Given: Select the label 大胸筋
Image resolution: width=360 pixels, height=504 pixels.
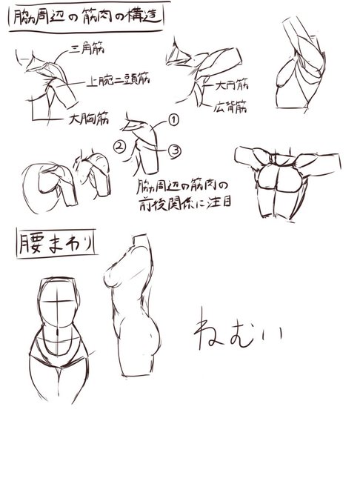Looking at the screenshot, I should (x=88, y=117).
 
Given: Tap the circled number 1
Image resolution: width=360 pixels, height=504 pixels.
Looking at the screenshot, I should (x=174, y=119).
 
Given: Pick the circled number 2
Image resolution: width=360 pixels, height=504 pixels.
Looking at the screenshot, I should (x=118, y=145).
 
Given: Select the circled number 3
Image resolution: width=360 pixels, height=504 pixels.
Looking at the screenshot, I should (x=175, y=150).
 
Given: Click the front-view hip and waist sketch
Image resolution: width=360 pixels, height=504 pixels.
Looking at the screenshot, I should (x=61, y=334).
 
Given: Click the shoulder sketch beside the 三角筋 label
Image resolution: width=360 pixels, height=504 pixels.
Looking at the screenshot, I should (x=48, y=78).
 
